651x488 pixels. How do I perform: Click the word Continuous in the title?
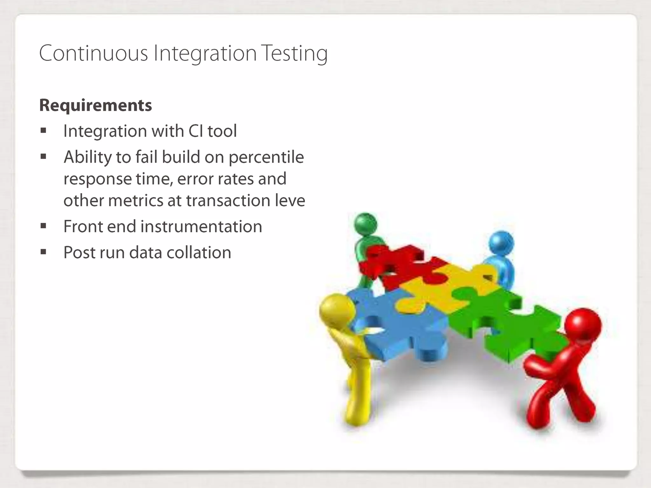(x=93, y=53)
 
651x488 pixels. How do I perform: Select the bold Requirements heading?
(x=95, y=105)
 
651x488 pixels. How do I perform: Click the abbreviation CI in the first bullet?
(x=196, y=131)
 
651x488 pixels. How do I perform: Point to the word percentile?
(x=266, y=157)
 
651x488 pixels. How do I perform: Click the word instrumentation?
(x=201, y=227)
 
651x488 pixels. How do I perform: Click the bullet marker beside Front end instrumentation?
(x=44, y=226)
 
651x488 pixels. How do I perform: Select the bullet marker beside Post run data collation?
(x=44, y=252)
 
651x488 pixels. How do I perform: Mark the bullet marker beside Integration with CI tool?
(x=44, y=131)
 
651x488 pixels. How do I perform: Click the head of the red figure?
(x=583, y=326)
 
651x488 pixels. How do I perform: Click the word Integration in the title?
(x=205, y=53)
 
